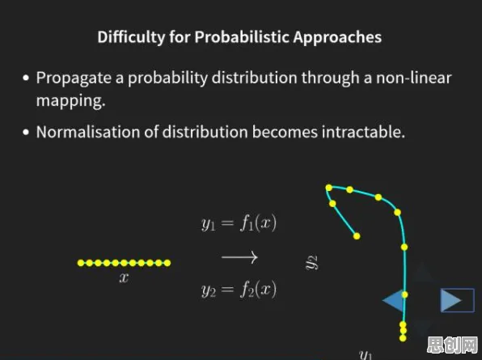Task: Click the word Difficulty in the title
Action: tap(131, 37)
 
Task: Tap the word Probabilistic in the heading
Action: tap(242, 37)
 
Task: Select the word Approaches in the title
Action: tap(337, 38)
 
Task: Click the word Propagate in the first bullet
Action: tap(74, 78)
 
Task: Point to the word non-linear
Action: tap(414, 78)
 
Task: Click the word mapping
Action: tap(70, 101)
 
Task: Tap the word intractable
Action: tap(363, 132)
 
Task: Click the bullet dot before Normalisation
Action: tap(26, 133)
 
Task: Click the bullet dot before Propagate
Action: tap(26, 78)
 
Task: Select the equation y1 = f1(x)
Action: tap(239, 223)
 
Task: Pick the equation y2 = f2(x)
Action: tap(239, 290)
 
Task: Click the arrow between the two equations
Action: tap(239, 257)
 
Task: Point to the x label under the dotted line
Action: tap(124, 278)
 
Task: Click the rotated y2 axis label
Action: tap(311, 263)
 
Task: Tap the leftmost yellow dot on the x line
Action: tap(81, 263)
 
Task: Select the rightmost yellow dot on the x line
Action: tap(167, 263)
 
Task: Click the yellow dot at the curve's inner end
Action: tap(357, 236)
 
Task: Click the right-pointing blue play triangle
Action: tap(451, 300)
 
